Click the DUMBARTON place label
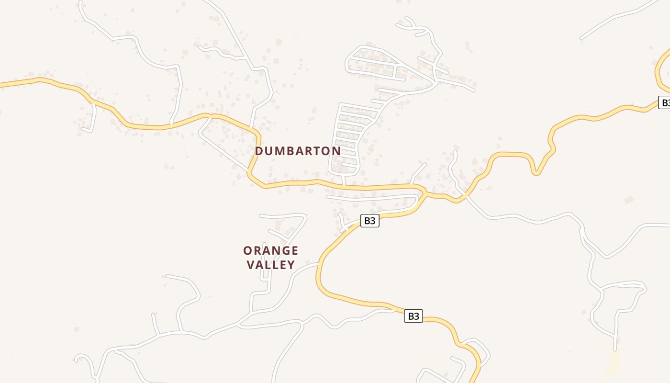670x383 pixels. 298,151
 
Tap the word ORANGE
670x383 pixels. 271,251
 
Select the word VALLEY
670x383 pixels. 271,265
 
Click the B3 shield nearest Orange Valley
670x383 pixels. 369,221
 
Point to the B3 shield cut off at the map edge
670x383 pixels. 664,102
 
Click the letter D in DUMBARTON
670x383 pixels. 259,151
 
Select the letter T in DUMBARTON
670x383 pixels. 316,151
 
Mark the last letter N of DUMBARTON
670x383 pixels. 336,151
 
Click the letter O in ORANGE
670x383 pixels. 248,251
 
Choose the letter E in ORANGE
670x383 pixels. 294,251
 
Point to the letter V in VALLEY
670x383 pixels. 250,265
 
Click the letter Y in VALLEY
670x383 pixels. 291,265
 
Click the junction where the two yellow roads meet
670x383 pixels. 424,193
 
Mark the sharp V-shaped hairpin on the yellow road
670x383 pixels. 536,172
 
